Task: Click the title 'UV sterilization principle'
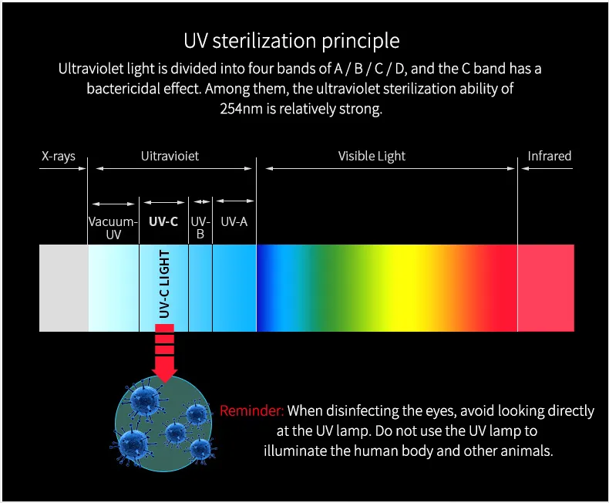click(291, 40)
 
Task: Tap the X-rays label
click(59, 157)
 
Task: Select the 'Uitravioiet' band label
click(170, 157)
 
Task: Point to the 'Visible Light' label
click(372, 157)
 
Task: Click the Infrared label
click(549, 157)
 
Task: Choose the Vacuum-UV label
click(113, 228)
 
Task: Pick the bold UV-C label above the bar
click(163, 221)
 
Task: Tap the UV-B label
click(200, 228)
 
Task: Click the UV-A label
click(234, 221)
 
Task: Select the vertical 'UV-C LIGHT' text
click(163, 285)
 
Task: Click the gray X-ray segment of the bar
click(63, 288)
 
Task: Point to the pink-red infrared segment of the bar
click(546, 288)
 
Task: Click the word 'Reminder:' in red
click(251, 411)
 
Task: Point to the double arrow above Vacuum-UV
click(113, 204)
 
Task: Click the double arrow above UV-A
click(234, 201)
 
